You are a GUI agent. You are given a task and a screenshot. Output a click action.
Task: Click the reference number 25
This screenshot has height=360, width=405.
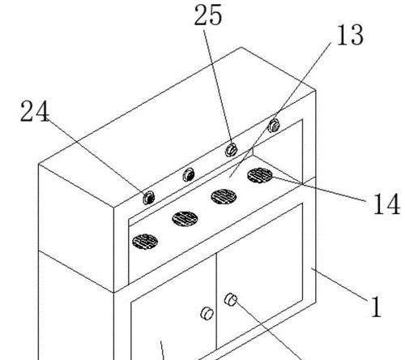[208, 15]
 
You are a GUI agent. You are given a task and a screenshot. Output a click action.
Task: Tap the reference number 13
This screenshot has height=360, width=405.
[350, 35]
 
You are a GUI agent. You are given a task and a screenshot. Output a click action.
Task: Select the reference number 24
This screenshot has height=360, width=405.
[35, 111]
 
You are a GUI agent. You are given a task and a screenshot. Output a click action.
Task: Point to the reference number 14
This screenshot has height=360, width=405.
[386, 204]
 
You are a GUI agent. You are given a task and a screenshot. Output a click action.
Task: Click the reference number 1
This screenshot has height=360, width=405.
[377, 306]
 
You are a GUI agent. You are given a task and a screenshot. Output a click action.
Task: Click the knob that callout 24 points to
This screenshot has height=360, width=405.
[148, 198]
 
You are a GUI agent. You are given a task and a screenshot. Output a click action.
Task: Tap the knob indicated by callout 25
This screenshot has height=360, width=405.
[232, 150]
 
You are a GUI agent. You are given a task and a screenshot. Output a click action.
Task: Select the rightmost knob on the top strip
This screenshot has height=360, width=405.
[274, 126]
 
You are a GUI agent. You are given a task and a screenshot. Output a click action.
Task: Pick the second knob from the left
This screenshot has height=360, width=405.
[189, 174]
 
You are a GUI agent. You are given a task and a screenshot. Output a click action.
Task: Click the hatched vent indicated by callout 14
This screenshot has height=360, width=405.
[260, 175]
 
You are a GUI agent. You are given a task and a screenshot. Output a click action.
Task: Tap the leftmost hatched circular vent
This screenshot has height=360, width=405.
[145, 242]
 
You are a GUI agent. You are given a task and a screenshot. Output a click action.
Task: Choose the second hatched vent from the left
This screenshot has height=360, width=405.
[185, 219]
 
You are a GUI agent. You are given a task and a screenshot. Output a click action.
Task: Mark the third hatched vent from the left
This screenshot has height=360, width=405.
[224, 196]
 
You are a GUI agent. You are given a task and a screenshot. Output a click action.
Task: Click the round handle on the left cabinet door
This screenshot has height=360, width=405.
[207, 314]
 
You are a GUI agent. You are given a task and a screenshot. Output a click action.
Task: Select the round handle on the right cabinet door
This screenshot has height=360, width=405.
[231, 299]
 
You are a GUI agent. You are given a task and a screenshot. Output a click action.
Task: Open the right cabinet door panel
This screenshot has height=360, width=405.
[259, 276]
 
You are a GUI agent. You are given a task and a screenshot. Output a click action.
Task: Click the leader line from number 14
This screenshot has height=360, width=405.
[319, 189]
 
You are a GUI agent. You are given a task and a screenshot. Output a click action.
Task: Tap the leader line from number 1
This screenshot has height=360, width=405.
[339, 284]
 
